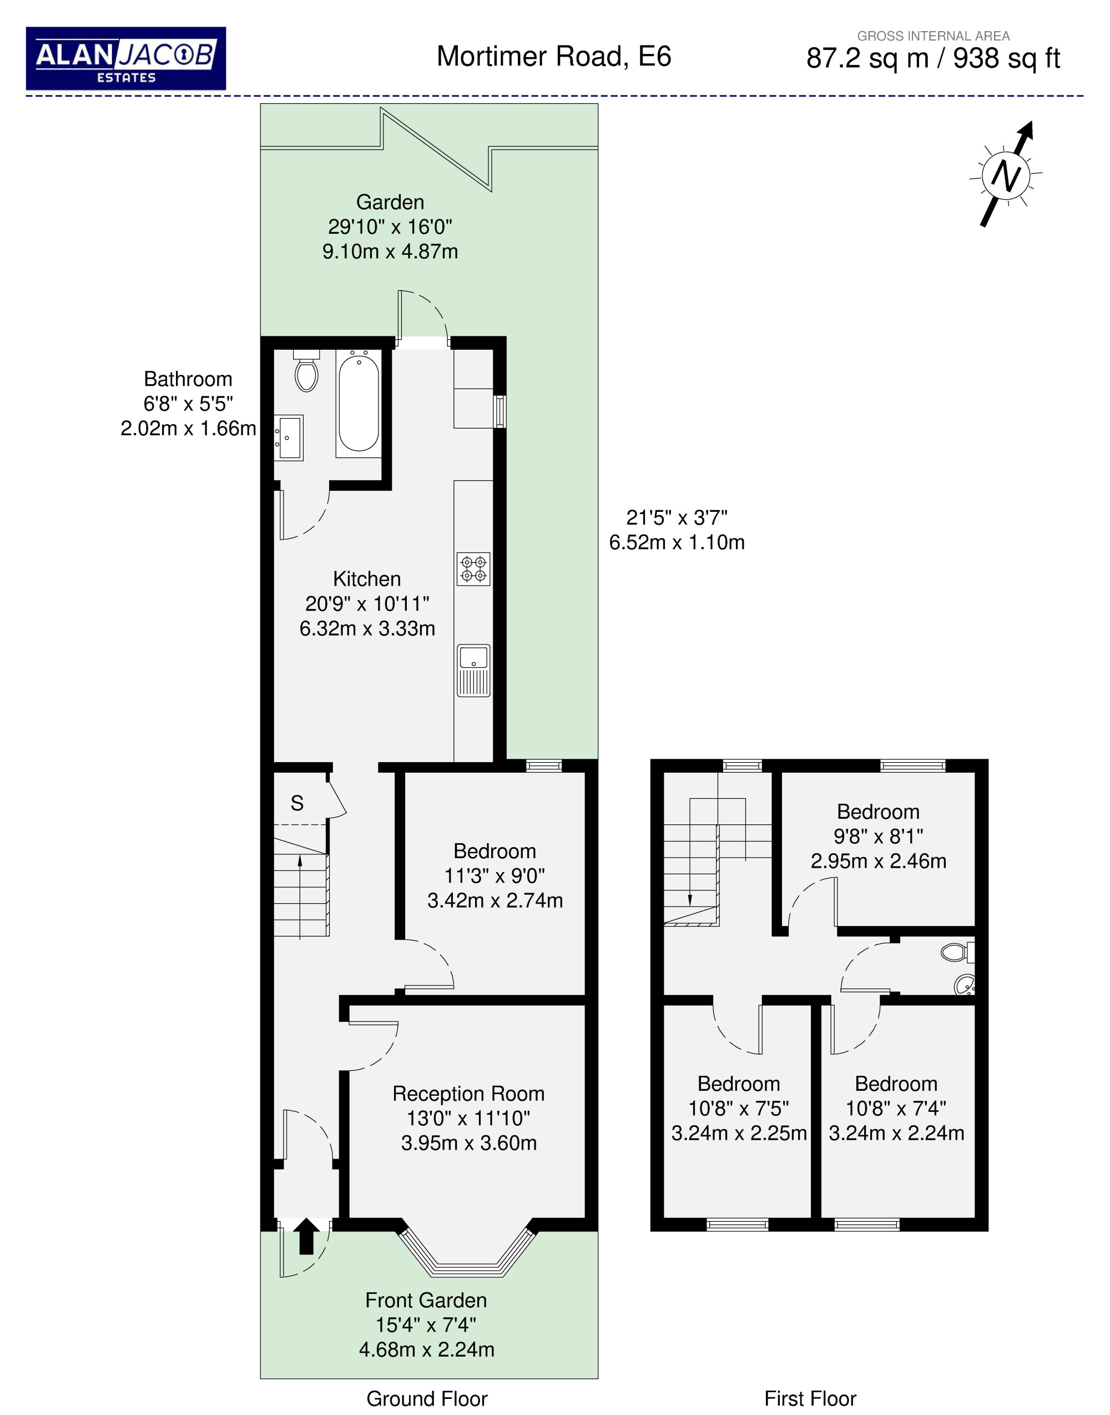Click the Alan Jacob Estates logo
[125, 58]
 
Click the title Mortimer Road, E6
[554, 57]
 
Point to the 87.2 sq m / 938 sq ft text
[933, 58]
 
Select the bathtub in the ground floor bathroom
[358, 404]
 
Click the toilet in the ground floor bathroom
[306, 370]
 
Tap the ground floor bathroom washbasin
[288, 438]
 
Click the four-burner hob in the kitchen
[473, 569]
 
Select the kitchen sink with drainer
[474, 670]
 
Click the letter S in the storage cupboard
[297, 803]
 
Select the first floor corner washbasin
[965, 985]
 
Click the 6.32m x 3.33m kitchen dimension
[367, 628]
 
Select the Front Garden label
[426, 1300]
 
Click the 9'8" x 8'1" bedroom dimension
[879, 836]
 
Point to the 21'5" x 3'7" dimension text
[677, 517]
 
